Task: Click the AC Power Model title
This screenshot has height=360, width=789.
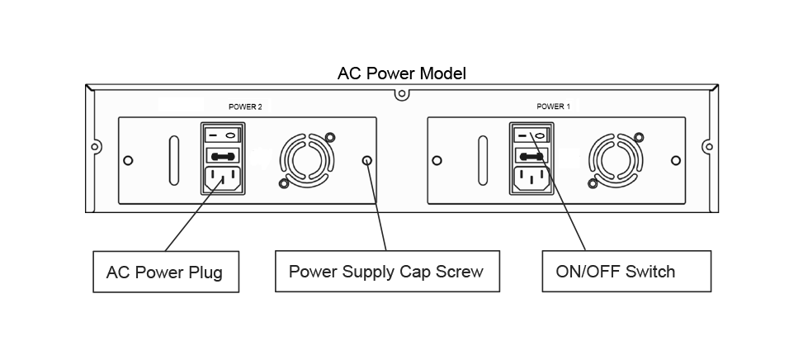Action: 401,73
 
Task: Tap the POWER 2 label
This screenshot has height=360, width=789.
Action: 244,107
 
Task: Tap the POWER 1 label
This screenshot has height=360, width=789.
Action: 553,107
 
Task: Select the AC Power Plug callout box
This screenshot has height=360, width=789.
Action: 164,272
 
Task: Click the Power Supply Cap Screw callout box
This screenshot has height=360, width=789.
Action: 386,271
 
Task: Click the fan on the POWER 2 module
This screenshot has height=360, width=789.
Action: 306,159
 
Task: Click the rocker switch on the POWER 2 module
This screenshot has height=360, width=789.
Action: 224,132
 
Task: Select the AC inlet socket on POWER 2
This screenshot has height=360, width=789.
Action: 224,180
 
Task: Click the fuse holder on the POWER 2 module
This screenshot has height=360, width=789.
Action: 224,154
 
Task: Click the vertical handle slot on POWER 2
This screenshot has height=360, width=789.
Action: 172,159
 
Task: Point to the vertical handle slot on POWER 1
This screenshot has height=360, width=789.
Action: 482,159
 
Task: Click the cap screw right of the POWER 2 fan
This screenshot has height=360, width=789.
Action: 367,159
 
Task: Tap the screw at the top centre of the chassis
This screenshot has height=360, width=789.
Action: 401,94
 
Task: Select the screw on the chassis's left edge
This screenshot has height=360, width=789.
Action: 95,147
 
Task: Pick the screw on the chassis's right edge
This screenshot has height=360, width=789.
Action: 707,147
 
